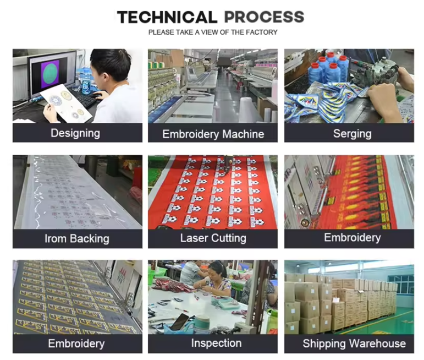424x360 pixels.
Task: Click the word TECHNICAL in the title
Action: pyautogui.click(x=167, y=17)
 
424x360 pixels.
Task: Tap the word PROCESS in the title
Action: pyautogui.click(x=264, y=17)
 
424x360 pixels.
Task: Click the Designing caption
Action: pyautogui.click(x=75, y=133)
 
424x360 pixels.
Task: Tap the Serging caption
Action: pyautogui.click(x=353, y=134)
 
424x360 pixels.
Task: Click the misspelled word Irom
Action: pyautogui.click(x=56, y=239)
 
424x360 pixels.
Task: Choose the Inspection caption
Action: pyautogui.click(x=216, y=343)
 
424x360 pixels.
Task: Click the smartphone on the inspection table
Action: pyautogui.click(x=179, y=321)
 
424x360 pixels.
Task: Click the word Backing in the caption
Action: pyautogui.click(x=90, y=239)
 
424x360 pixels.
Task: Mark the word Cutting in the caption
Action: pyautogui.click(x=229, y=238)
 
